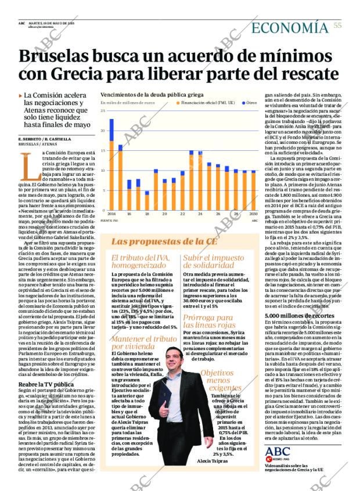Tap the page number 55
[337, 26]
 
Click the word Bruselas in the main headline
[61, 56]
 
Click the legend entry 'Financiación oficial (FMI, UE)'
[207, 103]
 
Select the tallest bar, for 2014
[111, 165]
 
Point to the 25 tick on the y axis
[103, 110]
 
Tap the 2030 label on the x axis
[253, 214]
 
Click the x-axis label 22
[182, 214]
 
